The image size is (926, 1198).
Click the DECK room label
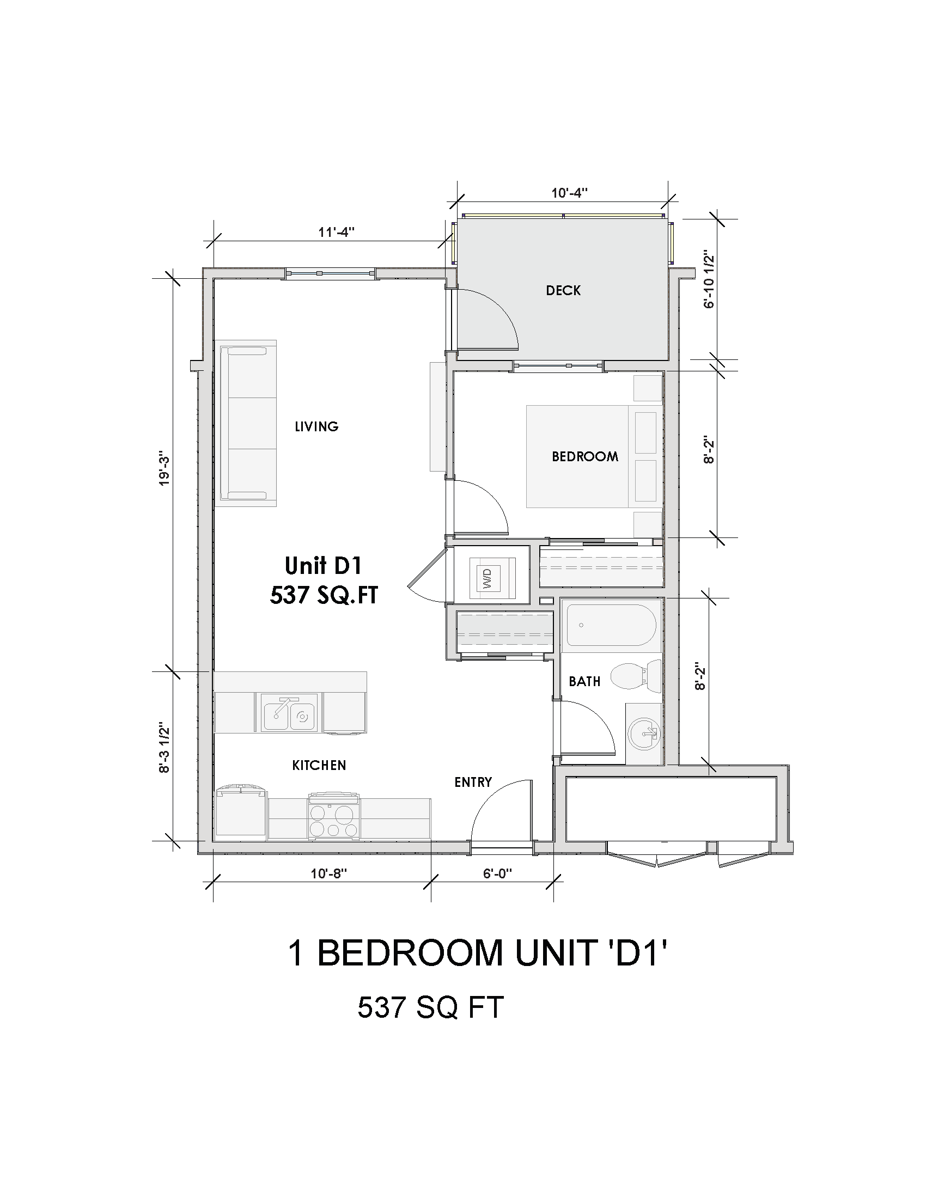coord(563,291)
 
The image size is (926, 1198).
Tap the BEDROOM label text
coord(584,456)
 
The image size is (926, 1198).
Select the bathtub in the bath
coord(611,625)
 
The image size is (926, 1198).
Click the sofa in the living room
coord(248,423)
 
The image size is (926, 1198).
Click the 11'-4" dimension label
coord(337,232)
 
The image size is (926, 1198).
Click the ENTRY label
coord(473,782)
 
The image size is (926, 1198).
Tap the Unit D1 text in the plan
coord(323,566)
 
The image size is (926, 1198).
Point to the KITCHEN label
coord(319,765)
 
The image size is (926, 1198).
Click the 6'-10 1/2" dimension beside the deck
coord(710,280)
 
